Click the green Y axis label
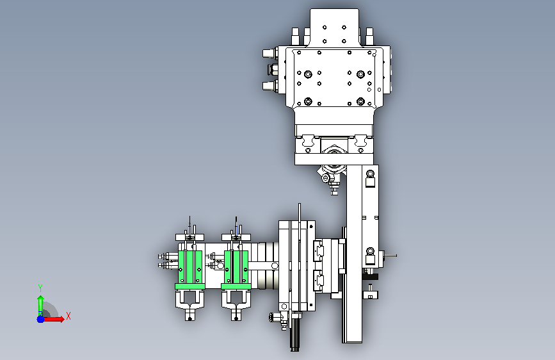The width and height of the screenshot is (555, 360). [40, 288]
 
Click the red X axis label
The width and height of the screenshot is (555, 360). [68, 316]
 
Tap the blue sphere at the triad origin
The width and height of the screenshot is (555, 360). [41, 319]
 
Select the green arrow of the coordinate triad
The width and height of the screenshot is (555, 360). [41, 306]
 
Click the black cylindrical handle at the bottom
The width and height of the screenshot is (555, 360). [295, 335]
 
